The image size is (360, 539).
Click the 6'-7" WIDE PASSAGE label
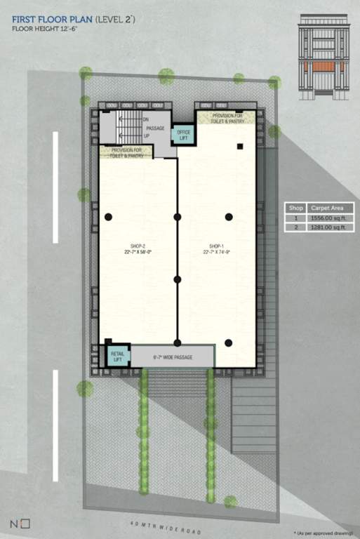pyautogui.click(x=173, y=357)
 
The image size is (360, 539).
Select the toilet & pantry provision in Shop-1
pyautogui.click(x=228, y=118)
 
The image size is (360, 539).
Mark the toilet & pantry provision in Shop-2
pyautogui.click(x=126, y=152)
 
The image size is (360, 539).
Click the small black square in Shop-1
pyautogui.click(x=240, y=147)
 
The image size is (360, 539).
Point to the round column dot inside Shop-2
pyautogui.click(x=108, y=217)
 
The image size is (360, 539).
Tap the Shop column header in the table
pyautogui.click(x=295, y=208)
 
